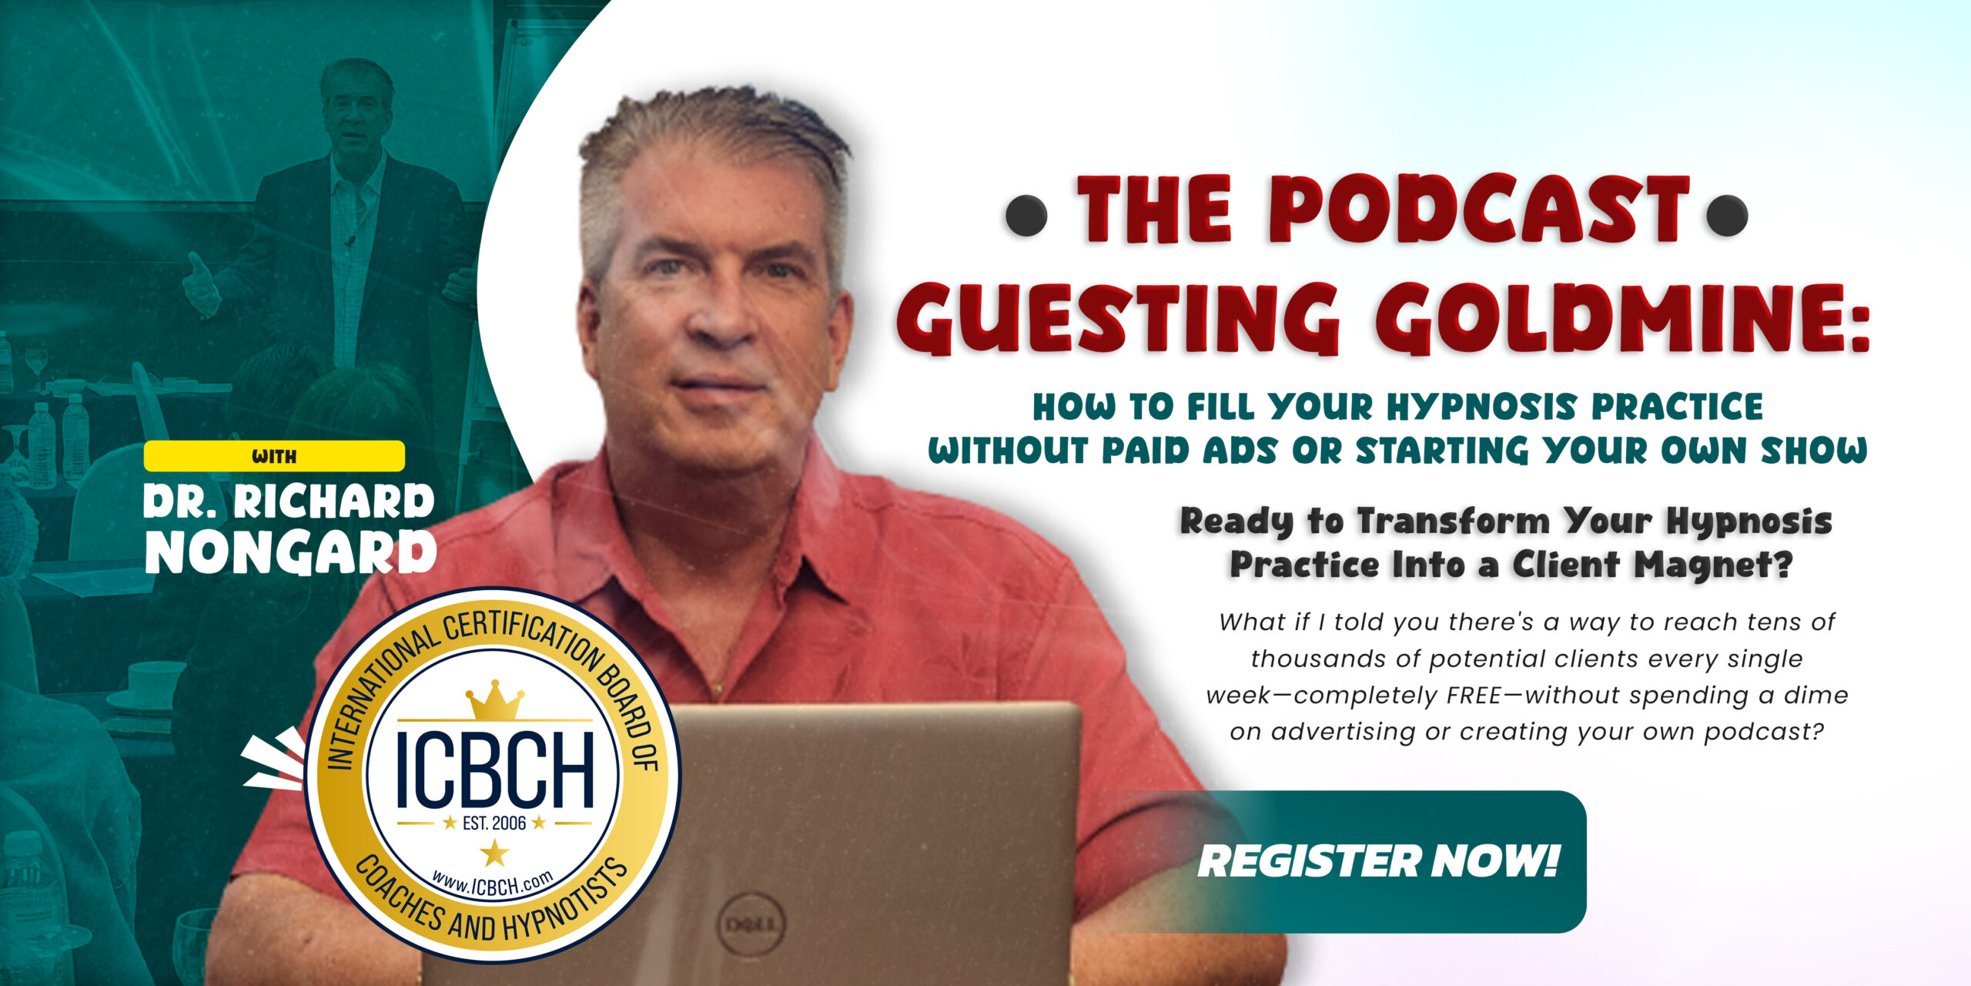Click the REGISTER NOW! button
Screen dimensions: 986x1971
click(1378, 860)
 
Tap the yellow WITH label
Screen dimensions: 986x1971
click(274, 456)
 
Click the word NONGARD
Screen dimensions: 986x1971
click(290, 552)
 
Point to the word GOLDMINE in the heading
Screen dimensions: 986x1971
click(1617, 318)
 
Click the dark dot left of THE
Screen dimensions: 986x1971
click(1026, 216)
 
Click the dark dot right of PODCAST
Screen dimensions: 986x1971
click(1727, 216)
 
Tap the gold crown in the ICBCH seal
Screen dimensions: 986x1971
click(494, 701)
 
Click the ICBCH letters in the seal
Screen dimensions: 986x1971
click(494, 770)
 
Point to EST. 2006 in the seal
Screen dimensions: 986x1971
click(494, 823)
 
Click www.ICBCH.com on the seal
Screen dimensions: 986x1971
click(493, 884)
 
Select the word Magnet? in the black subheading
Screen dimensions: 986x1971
click(1713, 565)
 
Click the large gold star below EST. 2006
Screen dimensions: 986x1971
click(494, 853)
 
